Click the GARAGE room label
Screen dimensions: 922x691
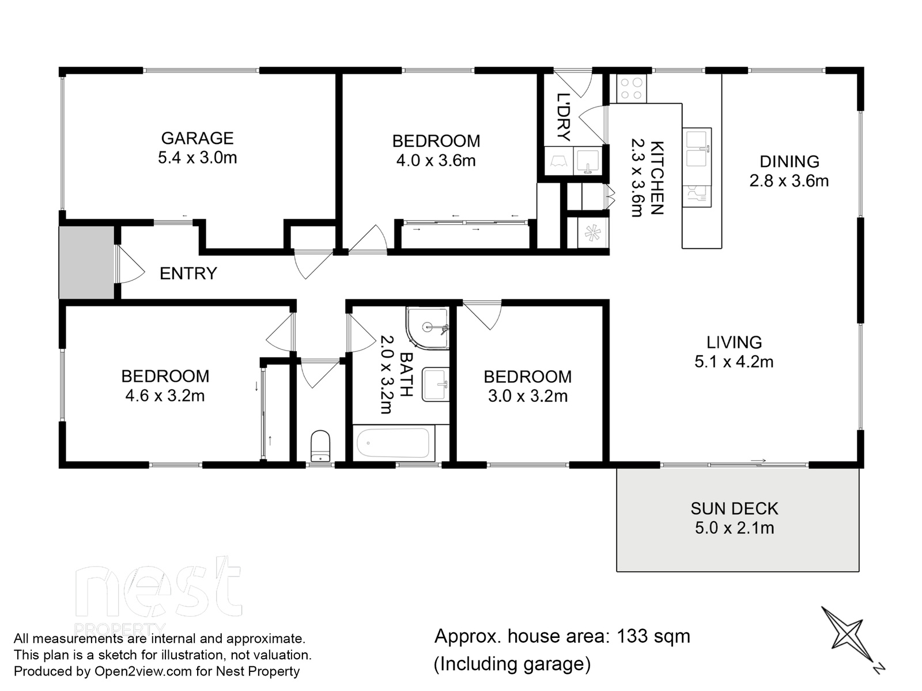198,138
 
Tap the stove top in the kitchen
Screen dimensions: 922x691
632,89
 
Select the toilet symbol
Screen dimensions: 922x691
320,446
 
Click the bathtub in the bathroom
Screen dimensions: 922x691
393,443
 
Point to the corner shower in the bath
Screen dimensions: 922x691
427,328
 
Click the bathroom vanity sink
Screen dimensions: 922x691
436,384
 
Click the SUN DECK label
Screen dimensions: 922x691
734,509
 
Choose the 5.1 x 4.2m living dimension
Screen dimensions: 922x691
734,362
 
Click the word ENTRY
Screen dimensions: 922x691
188,274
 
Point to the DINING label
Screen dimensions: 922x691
789,162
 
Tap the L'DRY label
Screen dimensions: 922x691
563,117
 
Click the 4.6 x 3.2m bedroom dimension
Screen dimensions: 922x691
165,396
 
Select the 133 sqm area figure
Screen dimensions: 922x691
653,636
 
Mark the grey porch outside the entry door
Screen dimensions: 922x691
86,263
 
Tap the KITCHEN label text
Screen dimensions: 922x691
657,179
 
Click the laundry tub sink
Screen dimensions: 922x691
588,161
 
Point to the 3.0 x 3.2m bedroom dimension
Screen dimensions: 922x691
528,396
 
